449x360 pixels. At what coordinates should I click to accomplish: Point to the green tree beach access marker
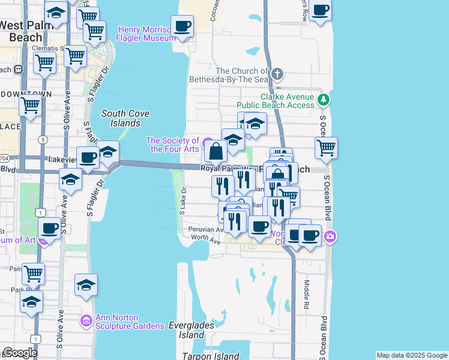click(x=324, y=99)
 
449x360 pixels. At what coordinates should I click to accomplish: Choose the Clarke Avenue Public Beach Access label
click(x=287, y=101)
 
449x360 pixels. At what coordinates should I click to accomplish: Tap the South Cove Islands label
click(x=125, y=118)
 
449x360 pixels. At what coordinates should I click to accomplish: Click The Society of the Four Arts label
click(x=173, y=145)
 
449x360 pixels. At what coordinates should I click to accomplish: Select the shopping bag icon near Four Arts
click(x=216, y=152)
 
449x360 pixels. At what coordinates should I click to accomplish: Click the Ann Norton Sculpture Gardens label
click(x=129, y=322)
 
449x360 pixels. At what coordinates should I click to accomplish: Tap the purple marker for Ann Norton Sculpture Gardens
click(x=86, y=322)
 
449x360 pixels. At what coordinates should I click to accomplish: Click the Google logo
click(x=19, y=353)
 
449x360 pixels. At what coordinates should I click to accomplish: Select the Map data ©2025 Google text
click(x=411, y=355)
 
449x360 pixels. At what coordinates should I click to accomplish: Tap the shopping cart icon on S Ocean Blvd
click(x=325, y=148)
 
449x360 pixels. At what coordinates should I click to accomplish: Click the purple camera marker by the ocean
click(x=330, y=238)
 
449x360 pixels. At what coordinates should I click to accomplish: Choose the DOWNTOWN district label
click(x=26, y=95)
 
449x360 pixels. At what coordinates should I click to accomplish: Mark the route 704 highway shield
click(x=3, y=158)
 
